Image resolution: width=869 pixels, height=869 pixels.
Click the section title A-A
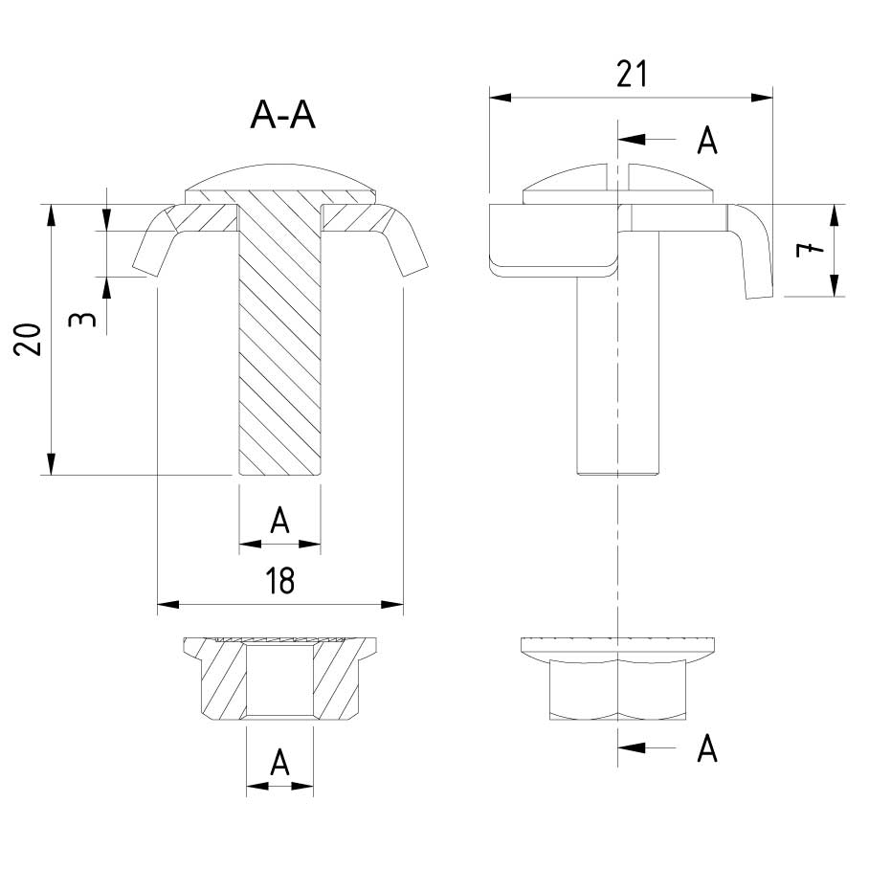click(x=282, y=115)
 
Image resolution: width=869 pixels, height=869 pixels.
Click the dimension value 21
click(x=632, y=75)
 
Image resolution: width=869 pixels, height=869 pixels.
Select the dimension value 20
click(x=29, y=339)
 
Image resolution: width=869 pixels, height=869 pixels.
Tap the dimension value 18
click(x=279, y=580)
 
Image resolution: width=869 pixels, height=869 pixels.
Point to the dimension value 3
click(x=82, y=320)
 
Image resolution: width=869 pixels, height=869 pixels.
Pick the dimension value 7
click(x=810, y=250)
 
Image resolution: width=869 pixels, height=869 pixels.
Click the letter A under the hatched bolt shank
click(x=279, y=521)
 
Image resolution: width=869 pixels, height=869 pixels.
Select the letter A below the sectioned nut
click(x=279, y=762)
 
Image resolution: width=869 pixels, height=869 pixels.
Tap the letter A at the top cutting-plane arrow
click(x=706, y=141)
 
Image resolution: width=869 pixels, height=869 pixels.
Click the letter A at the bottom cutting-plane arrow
click(x=706, y=748)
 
